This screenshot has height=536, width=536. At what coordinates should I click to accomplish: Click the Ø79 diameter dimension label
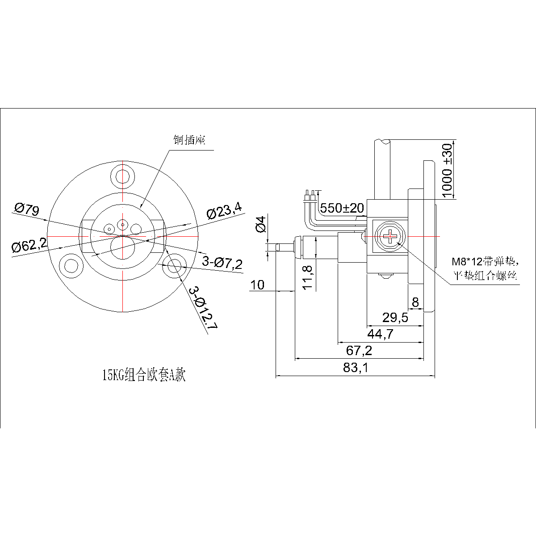click(x=27, y=209)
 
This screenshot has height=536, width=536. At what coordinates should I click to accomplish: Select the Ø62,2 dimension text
click(x=29, y=245)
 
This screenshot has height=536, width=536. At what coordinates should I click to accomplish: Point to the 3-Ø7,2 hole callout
click(x=222, y=263)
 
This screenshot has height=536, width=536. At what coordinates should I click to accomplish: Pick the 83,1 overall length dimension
click(x=356, y=368)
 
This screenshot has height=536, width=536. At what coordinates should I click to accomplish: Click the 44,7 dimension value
click(x=380, y=334)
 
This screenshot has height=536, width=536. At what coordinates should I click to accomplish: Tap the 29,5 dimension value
click(x=395, y=317)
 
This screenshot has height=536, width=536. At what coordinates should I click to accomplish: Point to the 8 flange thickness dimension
click(x=415, y=302)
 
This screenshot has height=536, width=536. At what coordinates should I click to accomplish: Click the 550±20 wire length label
click(x=342, y=208)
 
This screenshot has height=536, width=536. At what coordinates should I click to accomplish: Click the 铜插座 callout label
click(x=189, y=140)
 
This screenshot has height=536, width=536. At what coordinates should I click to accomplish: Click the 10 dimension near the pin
click(x=258, y=285)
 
